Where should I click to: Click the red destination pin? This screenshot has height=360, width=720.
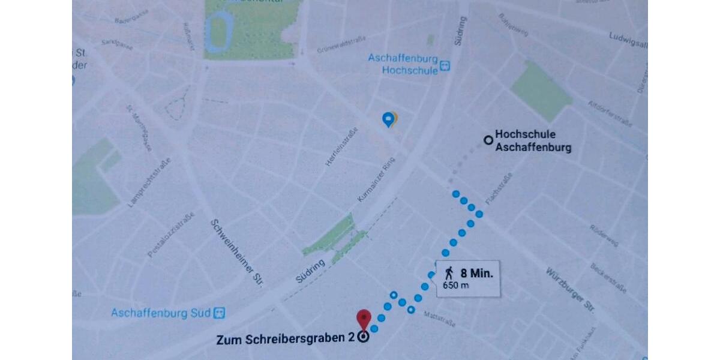[x=364, y=319]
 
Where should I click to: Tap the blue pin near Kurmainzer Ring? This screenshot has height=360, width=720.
[x=389, y=119]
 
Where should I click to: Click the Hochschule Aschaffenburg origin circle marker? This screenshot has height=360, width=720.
[x=488, y=140]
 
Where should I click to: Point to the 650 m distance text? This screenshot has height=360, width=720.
[x=456, y=285]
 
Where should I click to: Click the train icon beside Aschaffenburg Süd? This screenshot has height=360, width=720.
[x=220, y=313]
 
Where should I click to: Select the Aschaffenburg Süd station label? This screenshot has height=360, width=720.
[x=161, y=313]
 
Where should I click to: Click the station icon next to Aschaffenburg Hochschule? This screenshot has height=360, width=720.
[x=445, y=65]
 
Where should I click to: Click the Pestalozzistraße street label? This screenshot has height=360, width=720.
[x=171, y=235]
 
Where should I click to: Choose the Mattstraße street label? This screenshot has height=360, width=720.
[x=439, y=319]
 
